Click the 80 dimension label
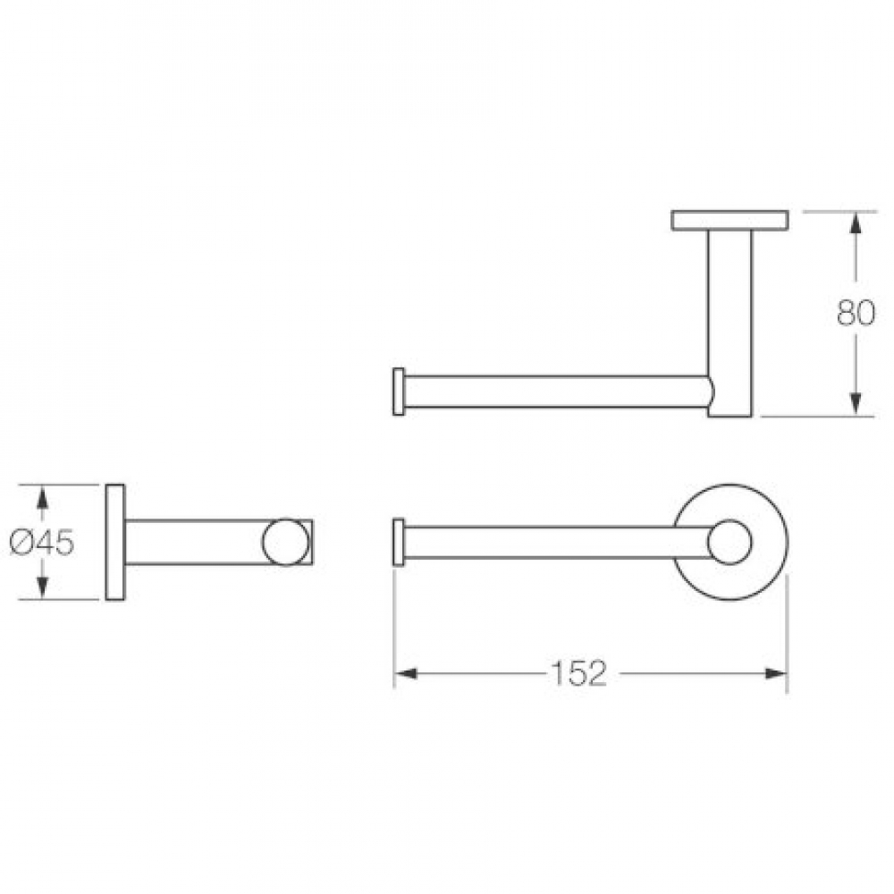click(x=856, y=313)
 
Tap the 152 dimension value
click(x=578, y=673)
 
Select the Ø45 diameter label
click(x=42, y=543)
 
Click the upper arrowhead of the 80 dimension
click(x=855, y=223)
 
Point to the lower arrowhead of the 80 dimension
click(x=855, y=404)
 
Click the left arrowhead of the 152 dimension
click(x=405, y=673)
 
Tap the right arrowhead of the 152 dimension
click(x=775, y=673)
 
